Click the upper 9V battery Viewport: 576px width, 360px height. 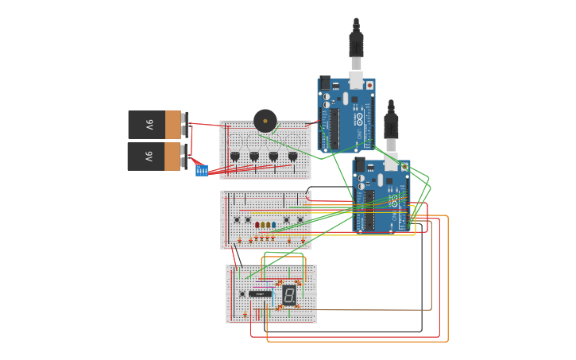tap(155, 125)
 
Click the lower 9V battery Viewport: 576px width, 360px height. tap(155, 157)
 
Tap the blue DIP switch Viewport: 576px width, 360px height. tap(202, 170)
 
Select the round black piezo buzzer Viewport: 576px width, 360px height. tap(265, 121)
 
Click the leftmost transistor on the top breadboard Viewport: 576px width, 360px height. tap(234, 157)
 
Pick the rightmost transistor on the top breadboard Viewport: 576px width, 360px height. tap(292, 157)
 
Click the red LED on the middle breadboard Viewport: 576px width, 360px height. tap(257, 225)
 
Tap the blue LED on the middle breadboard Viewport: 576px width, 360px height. tap(273, 225)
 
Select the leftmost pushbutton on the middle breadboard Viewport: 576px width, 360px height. tap(237, 219)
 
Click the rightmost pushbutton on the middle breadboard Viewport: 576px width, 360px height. tap(300, 219)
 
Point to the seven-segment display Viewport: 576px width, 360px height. tap(289, 296)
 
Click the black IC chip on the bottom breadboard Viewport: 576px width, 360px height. tap(260, 294)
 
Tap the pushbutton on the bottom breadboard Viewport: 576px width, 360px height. tap(242, 293)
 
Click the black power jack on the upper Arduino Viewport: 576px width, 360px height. tap(324, 83)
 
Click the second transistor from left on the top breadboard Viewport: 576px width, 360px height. tap(254, 157)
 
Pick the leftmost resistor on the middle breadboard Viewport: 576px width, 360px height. tap(239, 240)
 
